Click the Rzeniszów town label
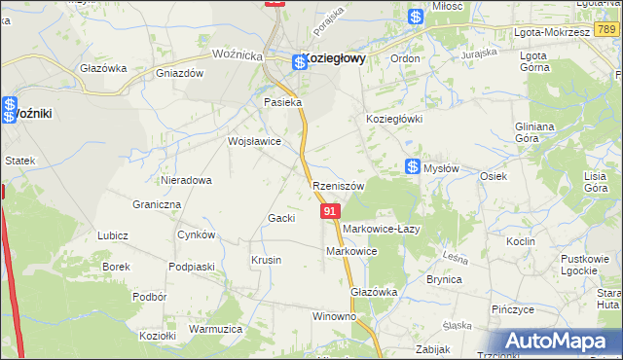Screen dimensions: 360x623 click(339, 186)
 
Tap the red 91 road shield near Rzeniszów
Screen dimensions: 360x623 click(330, 211)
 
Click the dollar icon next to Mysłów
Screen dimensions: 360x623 click(413, 167)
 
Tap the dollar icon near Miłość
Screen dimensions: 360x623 click(416, 17)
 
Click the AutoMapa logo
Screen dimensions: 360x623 click(561, 341)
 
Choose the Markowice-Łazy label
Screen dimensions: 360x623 click(381, 229)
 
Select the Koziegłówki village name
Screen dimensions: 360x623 click(393, 119)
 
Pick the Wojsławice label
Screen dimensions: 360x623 click(254, 141)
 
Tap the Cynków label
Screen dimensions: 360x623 click(196, 235)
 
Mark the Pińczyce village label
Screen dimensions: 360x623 click(513, 309)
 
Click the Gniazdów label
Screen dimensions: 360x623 click(179, 73)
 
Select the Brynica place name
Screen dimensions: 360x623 click(444, 278)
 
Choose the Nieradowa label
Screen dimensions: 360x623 click(187, 180)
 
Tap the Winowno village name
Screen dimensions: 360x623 click(334, 317)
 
